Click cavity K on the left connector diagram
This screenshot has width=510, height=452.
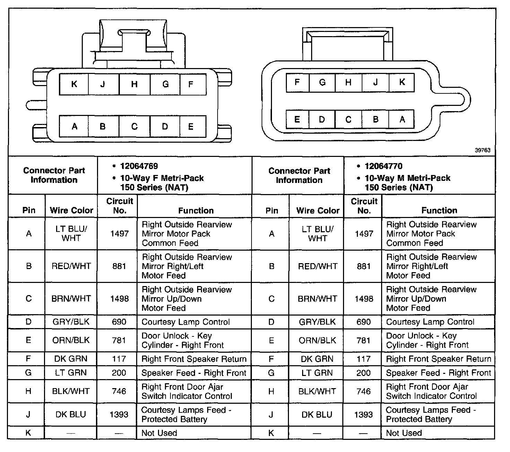pyautogui.click(x=74, y=84)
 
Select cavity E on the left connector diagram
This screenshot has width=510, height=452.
pyautogui.click(x=191, y=127)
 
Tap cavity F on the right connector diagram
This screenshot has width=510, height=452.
pyautogui.click(x=297, y=82)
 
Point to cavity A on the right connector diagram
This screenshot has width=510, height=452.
pyautogui.click(x=402, y=119)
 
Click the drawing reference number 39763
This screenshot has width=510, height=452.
pyautogui.click(x=483, y=150)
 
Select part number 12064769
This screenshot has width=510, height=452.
pyautogui.click(x=139, y=166)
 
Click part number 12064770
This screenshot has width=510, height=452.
pyautogui.click(x=384, y=166)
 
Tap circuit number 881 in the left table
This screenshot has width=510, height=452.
pyautogui.click(x=119, y=266)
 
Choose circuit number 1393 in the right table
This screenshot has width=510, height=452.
pyautogui.click(x=363, y=415)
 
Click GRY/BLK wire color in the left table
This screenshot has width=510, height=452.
pyautogui.click(x=71, y=322)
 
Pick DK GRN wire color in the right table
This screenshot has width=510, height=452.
pyautogui.click(x=317, y=359)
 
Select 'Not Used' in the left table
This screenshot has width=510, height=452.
pyautogui.click(x=159, y=433)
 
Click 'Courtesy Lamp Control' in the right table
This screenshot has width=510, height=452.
pyautogui.click(x=430, y=322)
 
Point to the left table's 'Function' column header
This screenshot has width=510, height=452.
pyautogui.click(x=196, y=210)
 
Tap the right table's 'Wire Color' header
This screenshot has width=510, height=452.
pyautogui.click(x=318, y=210)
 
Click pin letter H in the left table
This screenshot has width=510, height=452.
pyautogui.click(x=28, y=391)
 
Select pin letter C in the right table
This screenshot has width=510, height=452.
pyautogui.click(x=272, y=299)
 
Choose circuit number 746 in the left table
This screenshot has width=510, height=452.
pyautogui.click(x=119, y=391)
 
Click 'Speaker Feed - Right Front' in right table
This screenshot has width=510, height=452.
pyautogui.click(x=438, y=373)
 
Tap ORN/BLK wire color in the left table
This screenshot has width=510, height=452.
pyautogui.click(x=71, y=340)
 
